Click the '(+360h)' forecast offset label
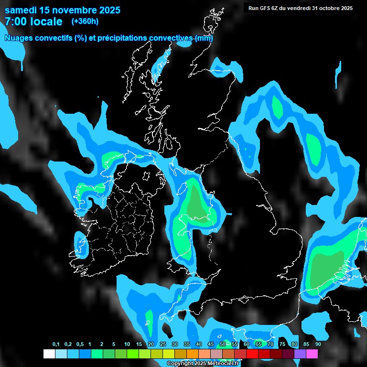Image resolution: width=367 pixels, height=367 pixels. [85, 22]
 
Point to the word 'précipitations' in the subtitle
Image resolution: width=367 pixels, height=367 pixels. [122, 38]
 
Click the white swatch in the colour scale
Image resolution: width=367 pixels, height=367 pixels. [49, 354]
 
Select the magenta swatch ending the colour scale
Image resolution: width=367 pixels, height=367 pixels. [312, 354]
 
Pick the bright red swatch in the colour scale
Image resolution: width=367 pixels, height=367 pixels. [252, 354]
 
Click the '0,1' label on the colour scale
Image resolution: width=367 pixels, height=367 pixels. [56, 344]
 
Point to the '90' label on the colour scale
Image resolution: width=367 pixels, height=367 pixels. [318, 344]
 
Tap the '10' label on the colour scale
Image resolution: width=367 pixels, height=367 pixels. [127, 344]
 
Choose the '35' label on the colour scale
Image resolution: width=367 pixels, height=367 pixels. [187, 344]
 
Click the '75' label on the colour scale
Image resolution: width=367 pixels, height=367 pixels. [282, 344]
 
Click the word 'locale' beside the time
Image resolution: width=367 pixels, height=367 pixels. [46, 22]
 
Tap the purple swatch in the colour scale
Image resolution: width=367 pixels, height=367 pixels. [300, 354]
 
